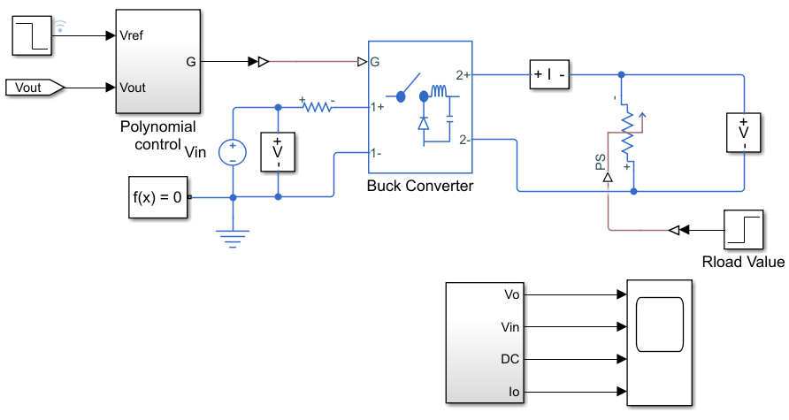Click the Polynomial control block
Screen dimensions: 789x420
158,61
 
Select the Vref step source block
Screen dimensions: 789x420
32,35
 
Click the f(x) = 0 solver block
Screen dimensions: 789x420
158,197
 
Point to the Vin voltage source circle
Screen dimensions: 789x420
233,152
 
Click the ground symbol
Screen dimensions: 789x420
233,239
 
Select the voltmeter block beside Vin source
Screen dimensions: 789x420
278,152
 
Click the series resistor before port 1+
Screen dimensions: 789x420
317,106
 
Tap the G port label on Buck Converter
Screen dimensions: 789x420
375,62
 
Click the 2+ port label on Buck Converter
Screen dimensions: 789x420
463,75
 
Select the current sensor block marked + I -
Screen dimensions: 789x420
549,75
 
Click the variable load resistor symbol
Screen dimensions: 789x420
628,133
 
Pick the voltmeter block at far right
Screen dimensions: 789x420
744,133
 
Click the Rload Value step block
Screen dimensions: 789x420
744,230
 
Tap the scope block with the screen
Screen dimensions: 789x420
659,343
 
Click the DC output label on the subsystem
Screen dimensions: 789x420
509,359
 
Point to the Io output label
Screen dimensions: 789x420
514,392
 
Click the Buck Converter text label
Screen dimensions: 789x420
420,186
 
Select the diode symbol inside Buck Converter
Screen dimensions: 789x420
424,123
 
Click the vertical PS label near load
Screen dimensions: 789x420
601,163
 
